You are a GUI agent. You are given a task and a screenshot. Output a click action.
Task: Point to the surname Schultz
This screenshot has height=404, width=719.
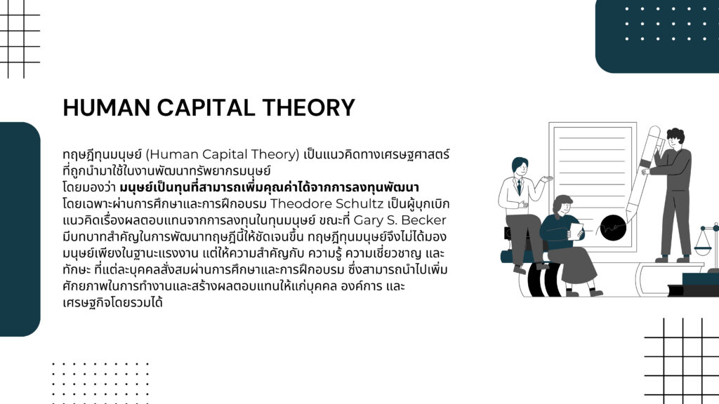(360, 203)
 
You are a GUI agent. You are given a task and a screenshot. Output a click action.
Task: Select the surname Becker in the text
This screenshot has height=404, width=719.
(423, 220)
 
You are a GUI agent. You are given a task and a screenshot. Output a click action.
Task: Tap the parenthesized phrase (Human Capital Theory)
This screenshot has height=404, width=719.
(223, 154)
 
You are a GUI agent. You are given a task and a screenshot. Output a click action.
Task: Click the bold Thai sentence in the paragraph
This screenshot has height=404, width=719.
(269, 187)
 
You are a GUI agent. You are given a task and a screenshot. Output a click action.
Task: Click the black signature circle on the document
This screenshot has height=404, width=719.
(613, 228)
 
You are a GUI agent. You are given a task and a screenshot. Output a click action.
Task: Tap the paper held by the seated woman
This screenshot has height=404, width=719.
(576, 231)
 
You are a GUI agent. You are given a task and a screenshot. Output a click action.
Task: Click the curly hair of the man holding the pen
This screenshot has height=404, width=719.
(675, 135)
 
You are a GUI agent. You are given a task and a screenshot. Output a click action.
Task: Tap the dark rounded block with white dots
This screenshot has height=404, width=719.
(657, 36)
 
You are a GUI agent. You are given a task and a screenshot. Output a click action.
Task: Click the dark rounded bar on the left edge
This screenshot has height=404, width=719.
(20, 229)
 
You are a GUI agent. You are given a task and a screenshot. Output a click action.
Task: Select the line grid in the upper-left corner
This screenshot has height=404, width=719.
(20, 39)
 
